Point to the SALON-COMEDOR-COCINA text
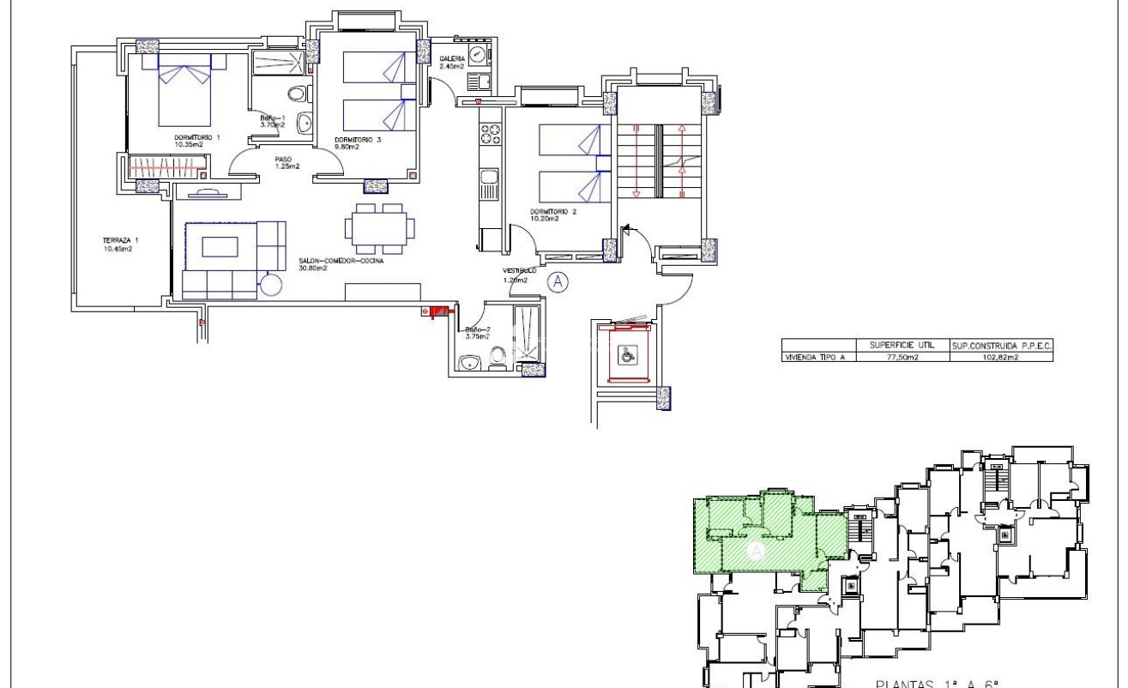pos(341,261)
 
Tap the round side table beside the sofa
pos(274,284)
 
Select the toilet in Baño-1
pos(296,94)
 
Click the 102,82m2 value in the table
pos(999,358)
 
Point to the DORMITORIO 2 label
pos(544,212)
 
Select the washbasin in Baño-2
pos(467,365)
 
